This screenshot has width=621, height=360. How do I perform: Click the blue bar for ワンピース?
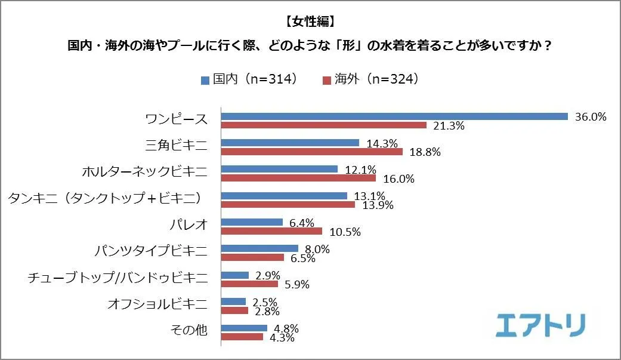[394, 116]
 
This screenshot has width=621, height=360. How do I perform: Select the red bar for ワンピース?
[324, 125]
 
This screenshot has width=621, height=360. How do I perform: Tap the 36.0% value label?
[591, 116]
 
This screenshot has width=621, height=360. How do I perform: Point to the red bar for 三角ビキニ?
[312, 152]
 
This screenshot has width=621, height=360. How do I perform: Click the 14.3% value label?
[381, 143]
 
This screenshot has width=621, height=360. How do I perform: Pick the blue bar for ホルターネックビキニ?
[279, 169]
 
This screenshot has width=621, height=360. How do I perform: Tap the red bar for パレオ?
[271, 231]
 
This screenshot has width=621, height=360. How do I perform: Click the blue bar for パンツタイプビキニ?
[259, 248]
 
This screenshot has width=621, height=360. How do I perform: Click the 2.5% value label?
[265, 301]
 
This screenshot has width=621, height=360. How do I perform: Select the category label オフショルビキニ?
[157, 305]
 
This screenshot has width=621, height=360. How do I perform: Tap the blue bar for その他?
[244, 328]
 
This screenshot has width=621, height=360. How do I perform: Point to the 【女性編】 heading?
[310, 22]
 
